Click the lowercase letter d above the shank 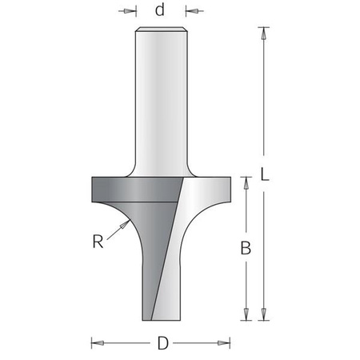[x=160, y=11]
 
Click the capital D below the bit [x=163, y=345]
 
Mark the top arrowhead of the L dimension [x=261, y=32]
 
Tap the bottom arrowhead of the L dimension [x=261, y=317]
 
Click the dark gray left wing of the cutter [x=120, y=192]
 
